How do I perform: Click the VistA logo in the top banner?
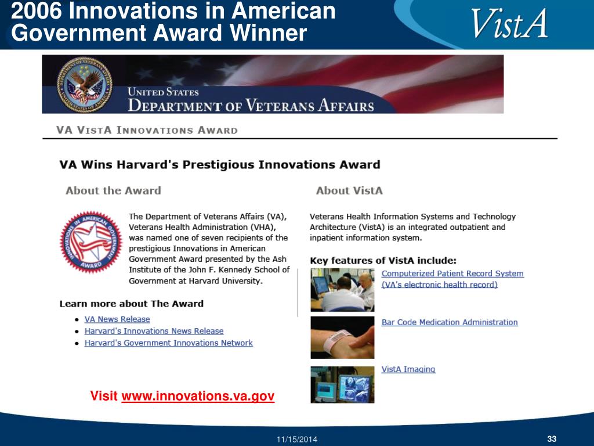click(x=509, y=23)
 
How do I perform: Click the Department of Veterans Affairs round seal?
click(x=85, y=85)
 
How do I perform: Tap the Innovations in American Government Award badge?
click(x=91, y=242)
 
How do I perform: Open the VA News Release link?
click(x=117, y=319)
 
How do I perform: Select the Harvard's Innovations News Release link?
click(x=154, y=331)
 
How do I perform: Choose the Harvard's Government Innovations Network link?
click(x=169, y=343)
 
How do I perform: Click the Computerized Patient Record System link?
click(x=452, y=279)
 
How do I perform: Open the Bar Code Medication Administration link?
click(x=450, y=322)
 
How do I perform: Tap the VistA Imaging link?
click(x=408, y=369)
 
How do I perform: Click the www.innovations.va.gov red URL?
click(x=198, y=396)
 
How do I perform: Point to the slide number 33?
click(x=552, y=439)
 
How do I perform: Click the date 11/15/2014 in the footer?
click(x=297, y=440)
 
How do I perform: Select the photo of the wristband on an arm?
click(x=342, y=337)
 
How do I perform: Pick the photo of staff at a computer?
click(x=342, y=290)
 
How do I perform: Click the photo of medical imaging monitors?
click(x=342, y=384)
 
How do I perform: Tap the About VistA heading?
click(x=349, y=190)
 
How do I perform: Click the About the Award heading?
click(x=113, y=190)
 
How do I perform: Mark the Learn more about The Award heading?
click(x=132, y=304)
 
